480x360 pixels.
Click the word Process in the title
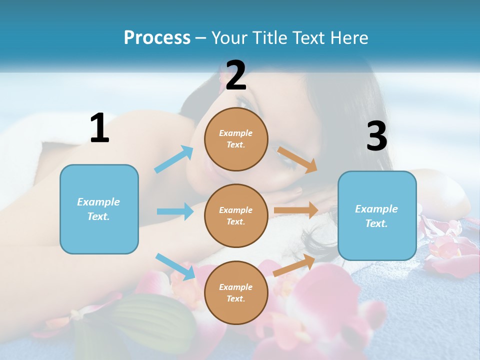pos(157,37)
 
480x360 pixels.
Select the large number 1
pos(99,128)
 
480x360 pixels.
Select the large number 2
pos(236,75)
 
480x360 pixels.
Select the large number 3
pos(376,136)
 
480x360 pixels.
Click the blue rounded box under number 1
pos(99,209)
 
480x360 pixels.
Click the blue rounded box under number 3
pos(377,215)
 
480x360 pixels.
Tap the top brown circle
pos(236,139)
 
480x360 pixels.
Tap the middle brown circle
pos(236,215)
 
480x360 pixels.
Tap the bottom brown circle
pos(236,292)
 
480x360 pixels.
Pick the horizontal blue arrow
pos(175,211)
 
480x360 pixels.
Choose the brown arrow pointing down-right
pos(297,160)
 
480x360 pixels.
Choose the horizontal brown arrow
pos(296,210)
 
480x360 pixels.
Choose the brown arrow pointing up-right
pos(294,265)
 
